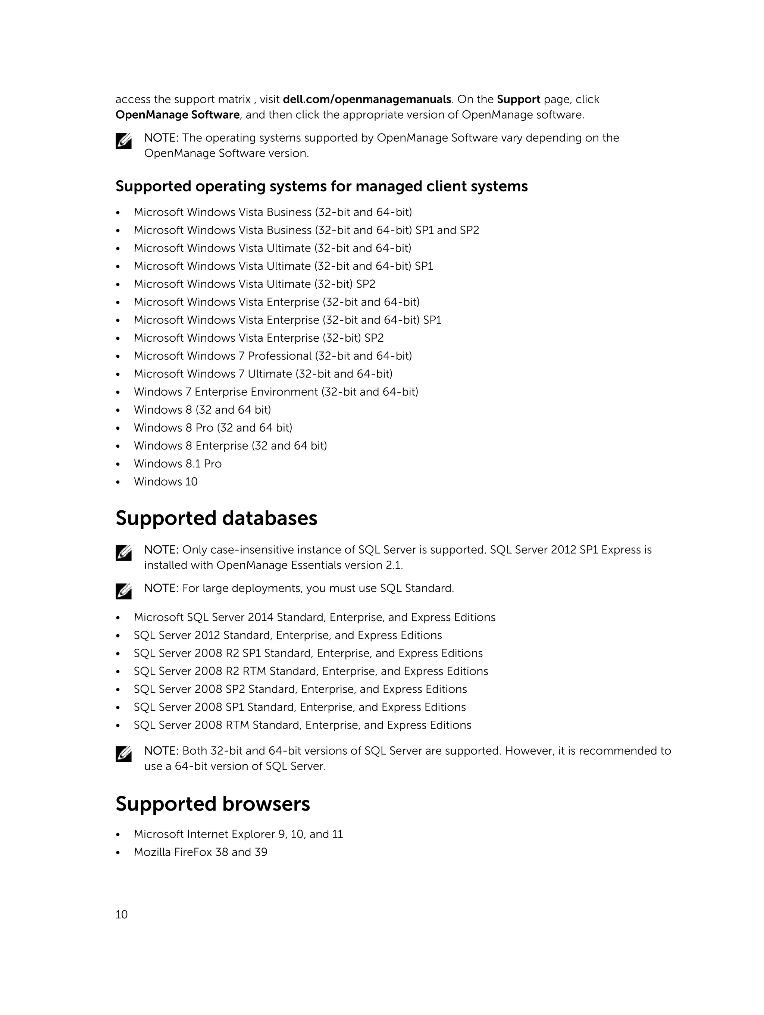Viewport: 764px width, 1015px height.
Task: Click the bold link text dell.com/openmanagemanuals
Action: [x=367, y=100]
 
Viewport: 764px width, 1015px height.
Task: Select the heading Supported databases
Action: [x=216, y=519]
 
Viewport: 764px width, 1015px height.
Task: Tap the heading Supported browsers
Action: [x=213, y=804]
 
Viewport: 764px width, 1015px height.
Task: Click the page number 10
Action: [x=121, y=915]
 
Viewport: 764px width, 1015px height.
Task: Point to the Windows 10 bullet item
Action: [x=165, y=482]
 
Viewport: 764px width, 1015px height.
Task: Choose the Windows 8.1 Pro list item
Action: [x=178, y=464]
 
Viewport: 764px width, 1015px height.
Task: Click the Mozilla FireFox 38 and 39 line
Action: [x=201, y=852]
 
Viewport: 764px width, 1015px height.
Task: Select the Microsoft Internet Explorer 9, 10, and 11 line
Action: [x=238, y=834]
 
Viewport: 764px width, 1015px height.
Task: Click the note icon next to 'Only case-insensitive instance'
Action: [x=123, y=552]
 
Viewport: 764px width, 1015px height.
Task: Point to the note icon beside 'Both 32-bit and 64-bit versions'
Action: [x=123, y=754]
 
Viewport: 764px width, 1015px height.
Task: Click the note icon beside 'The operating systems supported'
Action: [x=123, y=141]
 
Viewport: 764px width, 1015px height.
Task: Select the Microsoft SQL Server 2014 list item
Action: [x=314, y=618]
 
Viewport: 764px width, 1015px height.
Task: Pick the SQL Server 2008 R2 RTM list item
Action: [x=311, y=671]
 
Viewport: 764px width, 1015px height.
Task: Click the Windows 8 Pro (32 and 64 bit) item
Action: [x=213, y=428]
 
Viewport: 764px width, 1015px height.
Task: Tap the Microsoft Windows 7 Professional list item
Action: [x=273, y=356]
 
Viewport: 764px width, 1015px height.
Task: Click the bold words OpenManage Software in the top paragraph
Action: [x=177, y=115]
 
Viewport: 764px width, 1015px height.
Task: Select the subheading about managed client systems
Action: [x=321, y=186]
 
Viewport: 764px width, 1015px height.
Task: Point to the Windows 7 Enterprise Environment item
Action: [x=276, y=392]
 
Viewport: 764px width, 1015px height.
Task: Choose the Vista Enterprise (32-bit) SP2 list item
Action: [x=259, y=338]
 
